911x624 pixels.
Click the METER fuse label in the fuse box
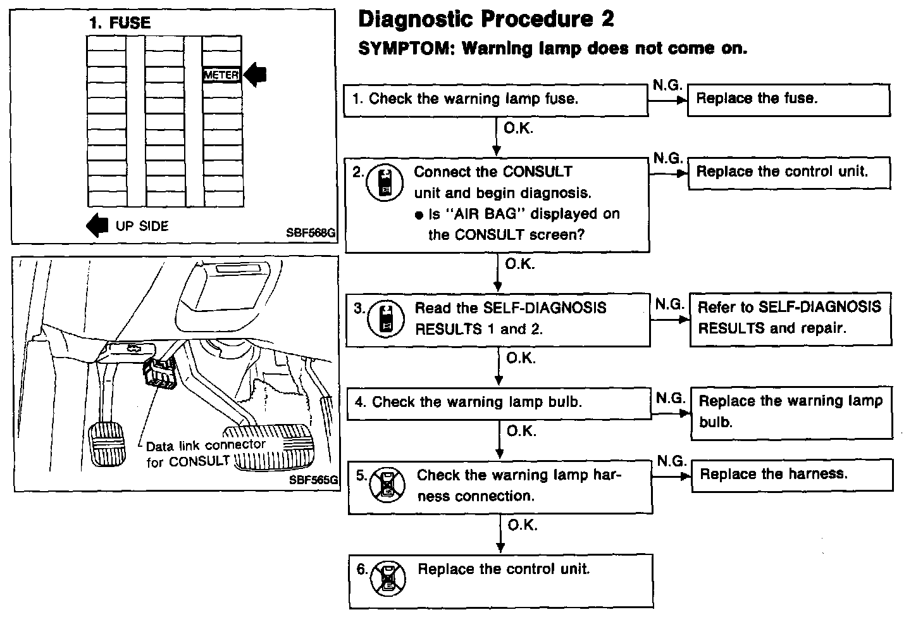click(221, 75)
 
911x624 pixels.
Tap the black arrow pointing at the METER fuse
click(256, 75)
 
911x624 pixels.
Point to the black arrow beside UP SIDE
click(97, 225)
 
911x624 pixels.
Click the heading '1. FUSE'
click(120, 23)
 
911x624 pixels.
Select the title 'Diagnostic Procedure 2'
click(486, 19)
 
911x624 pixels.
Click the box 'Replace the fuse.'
click(788, 99)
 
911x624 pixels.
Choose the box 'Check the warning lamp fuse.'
click(495, 99)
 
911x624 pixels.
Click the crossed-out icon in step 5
click(385, 484)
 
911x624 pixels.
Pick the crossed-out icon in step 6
click(388, 577)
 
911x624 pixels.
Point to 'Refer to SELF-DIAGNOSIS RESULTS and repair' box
click(790, 318)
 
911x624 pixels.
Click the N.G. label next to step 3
click(669, 305)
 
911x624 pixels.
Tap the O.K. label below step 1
click(518, 128)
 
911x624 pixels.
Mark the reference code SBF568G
click(310, 232)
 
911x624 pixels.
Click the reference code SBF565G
click(313, 480)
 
